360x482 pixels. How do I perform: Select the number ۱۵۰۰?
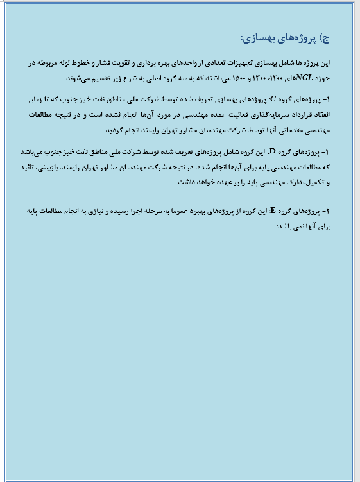click(227, 78)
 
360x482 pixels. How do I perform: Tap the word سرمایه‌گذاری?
click(264, 115)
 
